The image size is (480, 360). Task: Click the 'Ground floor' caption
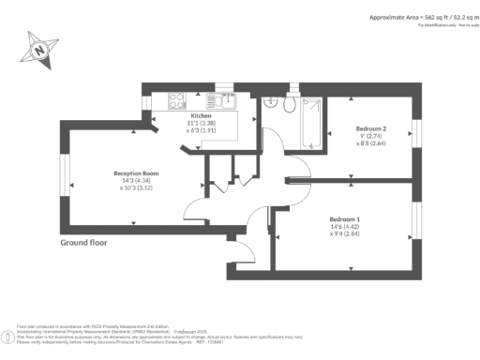point(84,242)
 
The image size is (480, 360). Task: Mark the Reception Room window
point(65,177)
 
